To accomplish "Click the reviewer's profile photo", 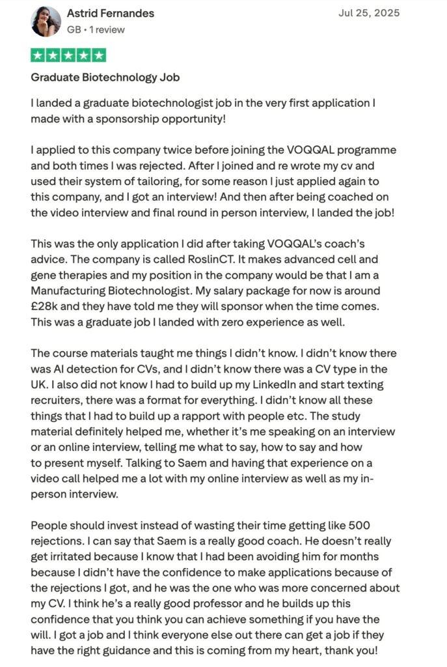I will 46,21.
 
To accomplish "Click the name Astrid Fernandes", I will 111,13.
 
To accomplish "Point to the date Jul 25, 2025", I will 369,13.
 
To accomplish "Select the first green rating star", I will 38,55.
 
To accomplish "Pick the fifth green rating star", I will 98,55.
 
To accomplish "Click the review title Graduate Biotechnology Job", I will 105,78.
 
